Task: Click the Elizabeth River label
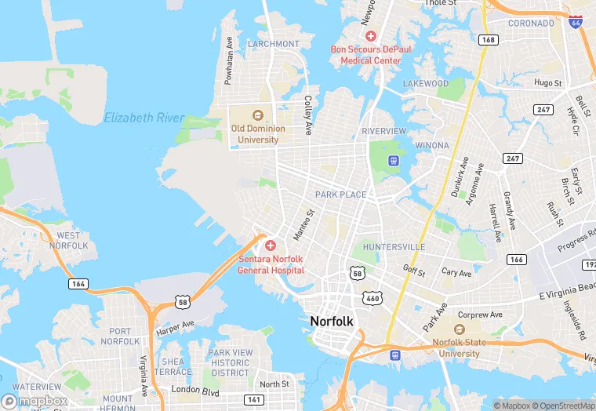144,118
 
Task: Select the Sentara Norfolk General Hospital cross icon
270,246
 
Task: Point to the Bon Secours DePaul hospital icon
371,36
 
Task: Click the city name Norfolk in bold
333,321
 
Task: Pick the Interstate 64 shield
576,22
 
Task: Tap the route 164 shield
77,284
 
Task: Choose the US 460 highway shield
372,298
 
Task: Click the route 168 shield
489,39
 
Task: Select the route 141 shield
253,400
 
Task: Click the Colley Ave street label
308,115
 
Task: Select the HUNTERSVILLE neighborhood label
394,247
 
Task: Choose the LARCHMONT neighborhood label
274,44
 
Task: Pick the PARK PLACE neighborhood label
340,195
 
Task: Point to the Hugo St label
548,82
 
